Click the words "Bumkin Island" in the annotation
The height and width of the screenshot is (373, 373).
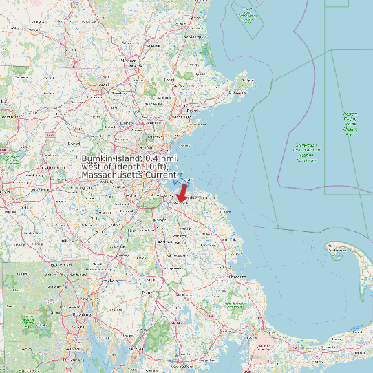tap(111, 159)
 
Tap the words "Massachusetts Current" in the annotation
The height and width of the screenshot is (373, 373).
tap(129, 175)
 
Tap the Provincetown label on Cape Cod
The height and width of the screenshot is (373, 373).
tap(337, 251)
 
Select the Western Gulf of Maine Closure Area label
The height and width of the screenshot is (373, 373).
tap(351, 124)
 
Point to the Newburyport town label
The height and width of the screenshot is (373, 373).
tap(198, 35)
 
